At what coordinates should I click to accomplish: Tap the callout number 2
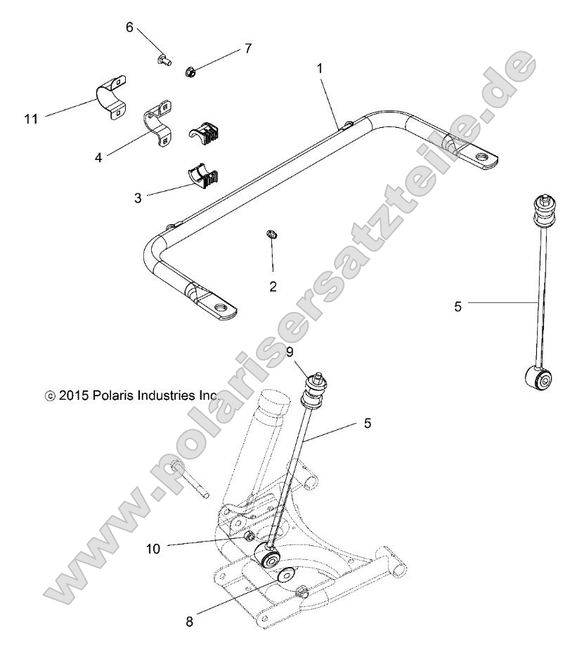click(273, 286)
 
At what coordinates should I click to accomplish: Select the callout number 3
click(138, 197)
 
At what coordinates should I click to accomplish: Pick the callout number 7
click(247, 48)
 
